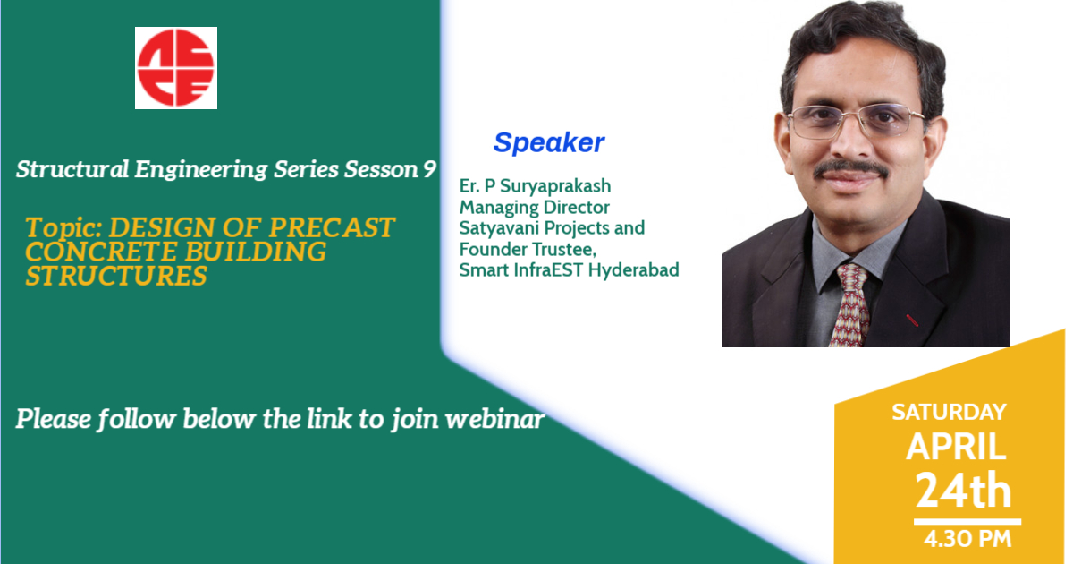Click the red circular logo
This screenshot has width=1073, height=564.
[176, 68]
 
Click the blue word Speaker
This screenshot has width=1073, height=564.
[549, 142]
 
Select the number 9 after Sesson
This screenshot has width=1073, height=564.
[429, 170]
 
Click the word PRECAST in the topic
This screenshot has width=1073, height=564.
[332, 227]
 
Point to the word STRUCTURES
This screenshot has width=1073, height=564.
[116, 276]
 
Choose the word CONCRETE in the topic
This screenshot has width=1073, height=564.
[102, 252]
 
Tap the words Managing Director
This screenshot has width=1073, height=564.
[535, 207]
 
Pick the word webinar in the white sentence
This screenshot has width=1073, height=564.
[494, 419]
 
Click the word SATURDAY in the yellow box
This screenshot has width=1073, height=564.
[949, 413]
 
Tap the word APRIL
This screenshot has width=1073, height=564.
[956, 447]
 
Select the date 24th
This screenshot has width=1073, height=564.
[963, 490]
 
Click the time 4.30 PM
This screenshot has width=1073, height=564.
[967, 539]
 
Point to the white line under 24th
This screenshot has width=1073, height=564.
[967, 521]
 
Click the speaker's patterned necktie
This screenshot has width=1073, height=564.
[849, 305]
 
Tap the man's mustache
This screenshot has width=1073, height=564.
[849, 168]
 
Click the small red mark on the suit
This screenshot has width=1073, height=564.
[912, 320]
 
